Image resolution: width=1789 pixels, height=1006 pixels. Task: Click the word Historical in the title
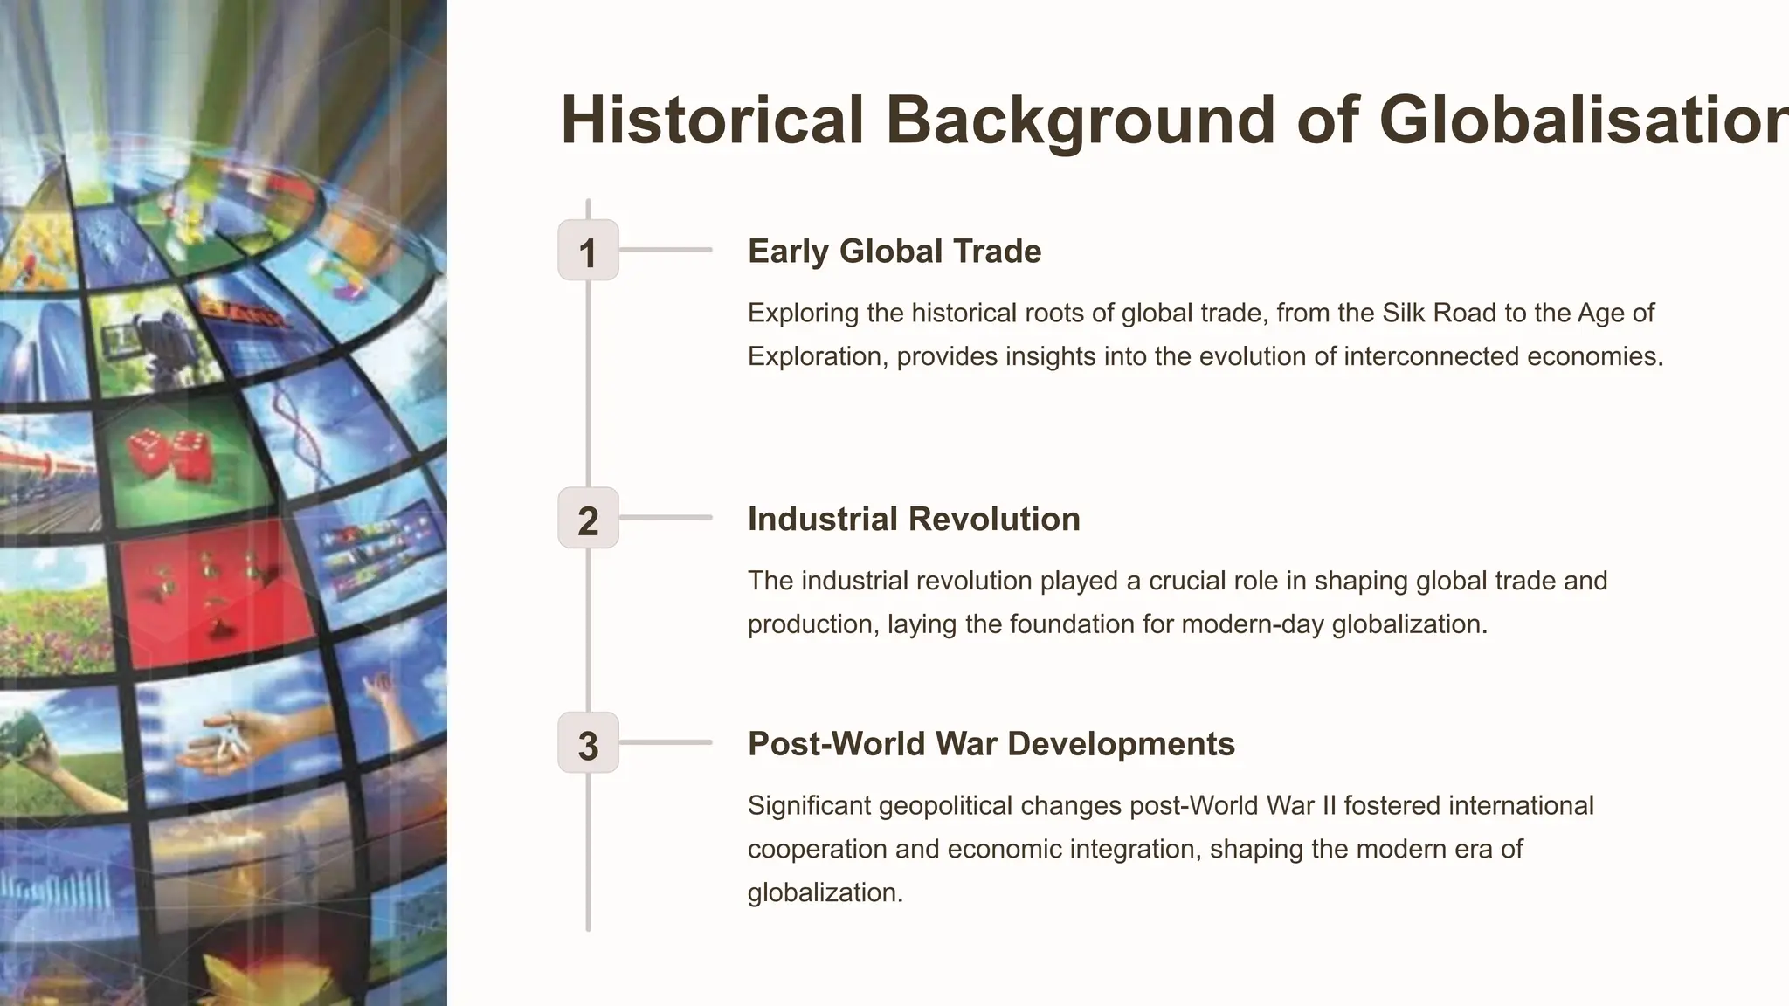(712, 121)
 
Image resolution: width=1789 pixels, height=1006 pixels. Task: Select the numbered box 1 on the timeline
(588, 251)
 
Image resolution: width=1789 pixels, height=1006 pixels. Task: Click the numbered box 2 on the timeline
(588, 518)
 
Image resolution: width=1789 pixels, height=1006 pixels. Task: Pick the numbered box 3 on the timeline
(588, 743)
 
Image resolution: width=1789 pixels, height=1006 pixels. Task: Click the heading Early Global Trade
(894, 251)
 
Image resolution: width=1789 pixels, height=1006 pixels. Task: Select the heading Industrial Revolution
(914, 519)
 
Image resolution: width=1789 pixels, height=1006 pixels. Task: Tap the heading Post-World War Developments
(991, 744)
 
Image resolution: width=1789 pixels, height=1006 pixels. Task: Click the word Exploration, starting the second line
(817, 356)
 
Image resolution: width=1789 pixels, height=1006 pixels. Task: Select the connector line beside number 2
(666, 518)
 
